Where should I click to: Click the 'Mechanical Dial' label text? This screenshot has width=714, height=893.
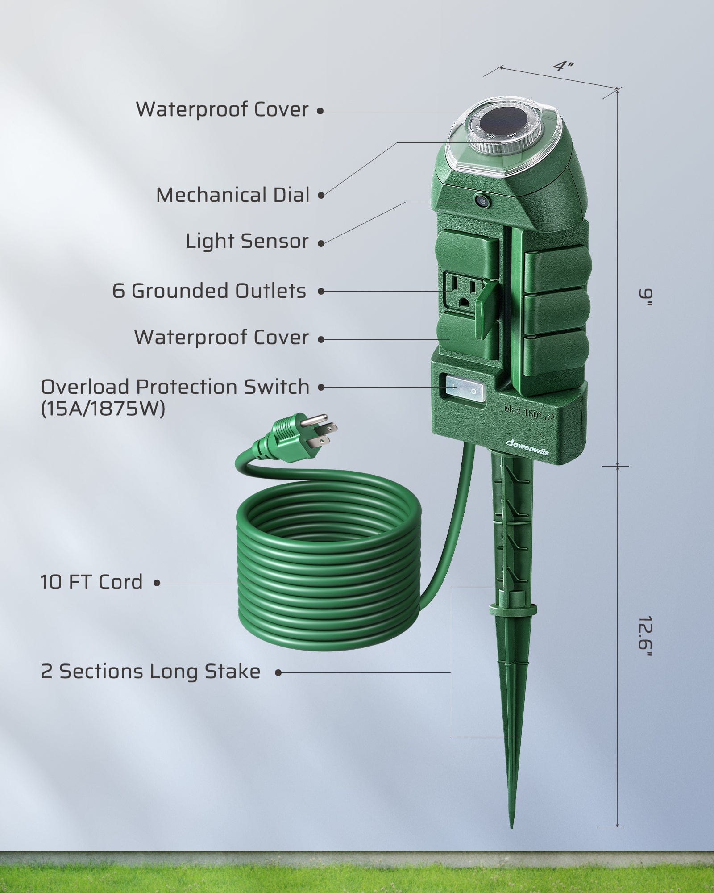(232, 195)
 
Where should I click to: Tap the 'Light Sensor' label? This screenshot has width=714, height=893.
(247, 241)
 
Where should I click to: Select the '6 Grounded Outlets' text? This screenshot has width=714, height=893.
(209, 291)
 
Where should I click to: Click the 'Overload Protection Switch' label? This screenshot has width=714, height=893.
(175, 387)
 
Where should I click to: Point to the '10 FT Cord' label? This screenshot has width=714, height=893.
(91, 582)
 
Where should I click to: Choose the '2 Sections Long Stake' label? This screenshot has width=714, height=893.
(150, 672)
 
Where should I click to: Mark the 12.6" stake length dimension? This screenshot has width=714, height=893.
(644, 637)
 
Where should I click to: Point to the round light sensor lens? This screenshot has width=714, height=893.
(482, 200)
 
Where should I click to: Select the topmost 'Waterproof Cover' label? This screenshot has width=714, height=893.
(222, 109)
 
